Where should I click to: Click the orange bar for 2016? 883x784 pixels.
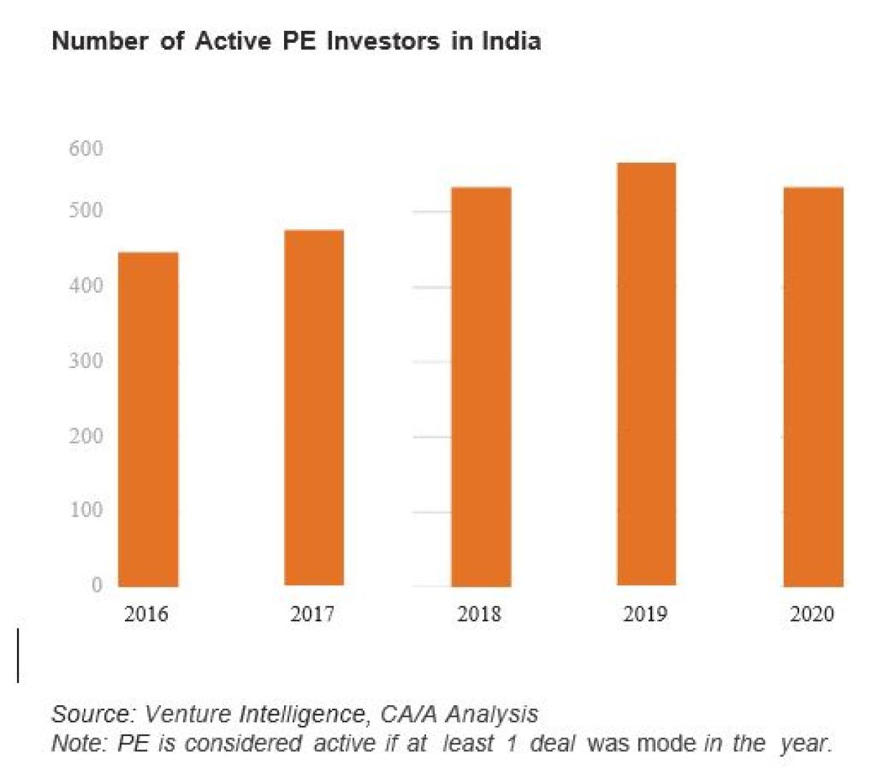(x=148, y=420)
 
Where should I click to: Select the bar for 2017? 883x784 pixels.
(x=313, y=408)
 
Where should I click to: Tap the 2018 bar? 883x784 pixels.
(x=480, y=386)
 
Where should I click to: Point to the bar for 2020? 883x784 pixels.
(x=812, y=386)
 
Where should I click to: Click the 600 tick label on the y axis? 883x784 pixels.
(x=86, y=149)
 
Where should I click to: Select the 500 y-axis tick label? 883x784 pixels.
(x=86, y=211)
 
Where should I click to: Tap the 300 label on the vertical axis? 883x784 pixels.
(x=86, y=361)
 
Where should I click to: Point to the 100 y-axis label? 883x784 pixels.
(x=86, y=509)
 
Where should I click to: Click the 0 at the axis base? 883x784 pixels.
(x=96, y=585)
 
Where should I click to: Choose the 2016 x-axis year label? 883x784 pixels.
(x=146, y=614)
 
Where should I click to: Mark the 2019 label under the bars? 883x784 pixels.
(x=645, y=614)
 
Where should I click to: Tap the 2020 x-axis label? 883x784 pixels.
(x=812, y=614)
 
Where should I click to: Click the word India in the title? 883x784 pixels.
(x=511, y=41)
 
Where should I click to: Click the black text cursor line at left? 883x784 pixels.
(x=18, y=655)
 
